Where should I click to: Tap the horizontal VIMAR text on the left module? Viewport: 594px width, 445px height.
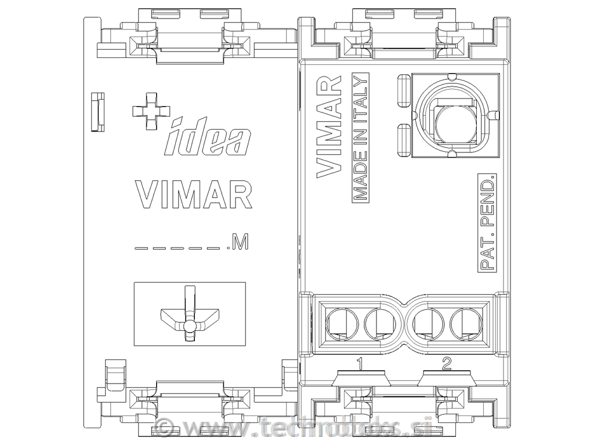point(193,195)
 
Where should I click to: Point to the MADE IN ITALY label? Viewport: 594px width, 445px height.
point(361,137)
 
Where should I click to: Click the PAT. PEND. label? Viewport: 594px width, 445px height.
point(487,221)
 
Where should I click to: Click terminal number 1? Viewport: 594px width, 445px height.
point(360,364)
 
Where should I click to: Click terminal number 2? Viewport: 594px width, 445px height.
point(446,364)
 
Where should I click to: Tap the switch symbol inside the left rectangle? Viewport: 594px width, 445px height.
point(188,316)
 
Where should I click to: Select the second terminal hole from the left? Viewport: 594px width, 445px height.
point(378,322)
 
